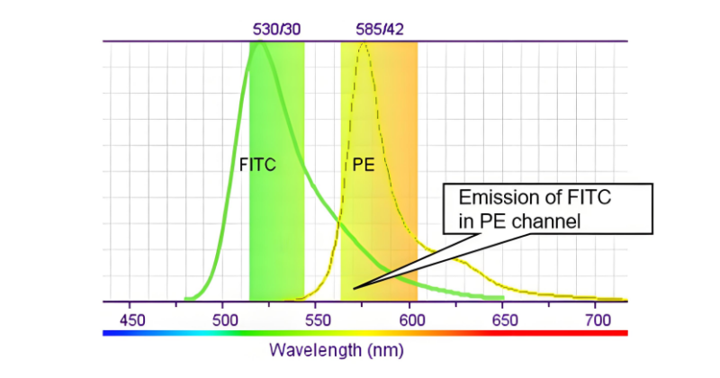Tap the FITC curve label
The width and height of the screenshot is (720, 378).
pyautogui.click(x=256, y=166)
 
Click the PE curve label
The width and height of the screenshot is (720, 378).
pyautogui.click(x=362, y=166)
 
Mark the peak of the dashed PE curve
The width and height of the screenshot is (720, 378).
pyautogui.click(x=364, y=44)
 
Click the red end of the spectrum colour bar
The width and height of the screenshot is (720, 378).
pyautogui.click(x=621, y=333)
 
